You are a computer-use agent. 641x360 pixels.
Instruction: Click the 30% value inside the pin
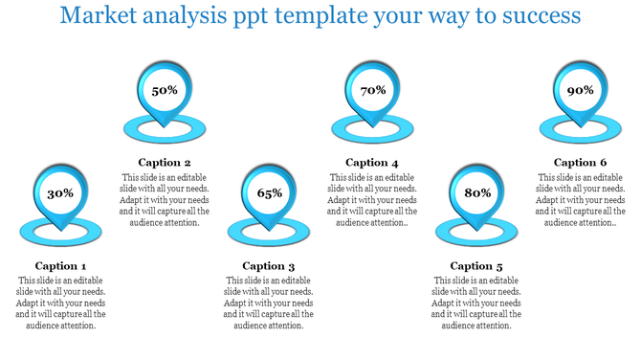pos(60,193)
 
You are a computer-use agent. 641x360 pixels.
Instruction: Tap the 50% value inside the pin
pos(165,91)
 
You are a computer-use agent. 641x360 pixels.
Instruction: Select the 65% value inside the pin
pos(269,193)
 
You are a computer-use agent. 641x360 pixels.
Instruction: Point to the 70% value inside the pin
pos(372,91)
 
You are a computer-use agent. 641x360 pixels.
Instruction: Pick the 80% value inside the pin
pos(476,193)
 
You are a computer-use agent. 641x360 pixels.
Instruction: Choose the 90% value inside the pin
pos(580,91)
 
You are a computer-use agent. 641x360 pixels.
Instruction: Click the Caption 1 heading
pos(60,266)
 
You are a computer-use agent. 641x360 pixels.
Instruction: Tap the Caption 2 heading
pos(165,163)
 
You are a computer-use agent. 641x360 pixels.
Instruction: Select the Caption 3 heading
pos(269,266)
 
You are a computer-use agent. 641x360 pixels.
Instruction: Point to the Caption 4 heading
pos(372,163)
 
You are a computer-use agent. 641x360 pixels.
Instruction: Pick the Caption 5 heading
pos(476,266)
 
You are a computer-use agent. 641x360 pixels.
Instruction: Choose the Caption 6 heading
pos(580,163)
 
